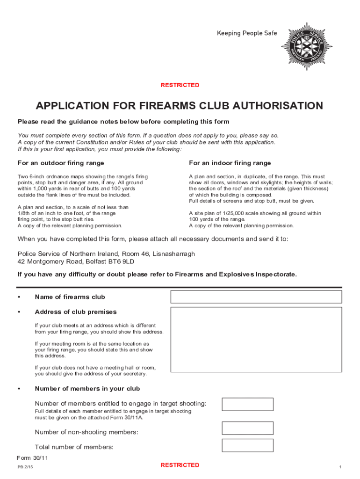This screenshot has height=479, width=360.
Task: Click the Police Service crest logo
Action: point(306,47)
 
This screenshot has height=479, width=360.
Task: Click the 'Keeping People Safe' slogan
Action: point(246,33)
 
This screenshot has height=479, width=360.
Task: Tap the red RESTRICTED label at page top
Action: point(180,85)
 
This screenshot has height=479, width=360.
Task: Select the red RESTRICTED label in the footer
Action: point(180,465)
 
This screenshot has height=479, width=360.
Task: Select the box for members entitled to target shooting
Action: point(247,404)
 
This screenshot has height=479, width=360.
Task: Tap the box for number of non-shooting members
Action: point(247,428)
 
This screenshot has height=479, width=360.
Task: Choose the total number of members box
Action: point(247,445)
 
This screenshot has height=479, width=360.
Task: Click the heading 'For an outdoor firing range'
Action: point(61,163)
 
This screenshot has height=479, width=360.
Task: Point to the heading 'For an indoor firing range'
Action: point(230,163)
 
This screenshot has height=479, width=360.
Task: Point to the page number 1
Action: point(340,467)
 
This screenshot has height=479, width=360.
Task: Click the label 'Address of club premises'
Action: point(76,312)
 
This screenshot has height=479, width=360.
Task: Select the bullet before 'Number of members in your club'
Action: point(19,389)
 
